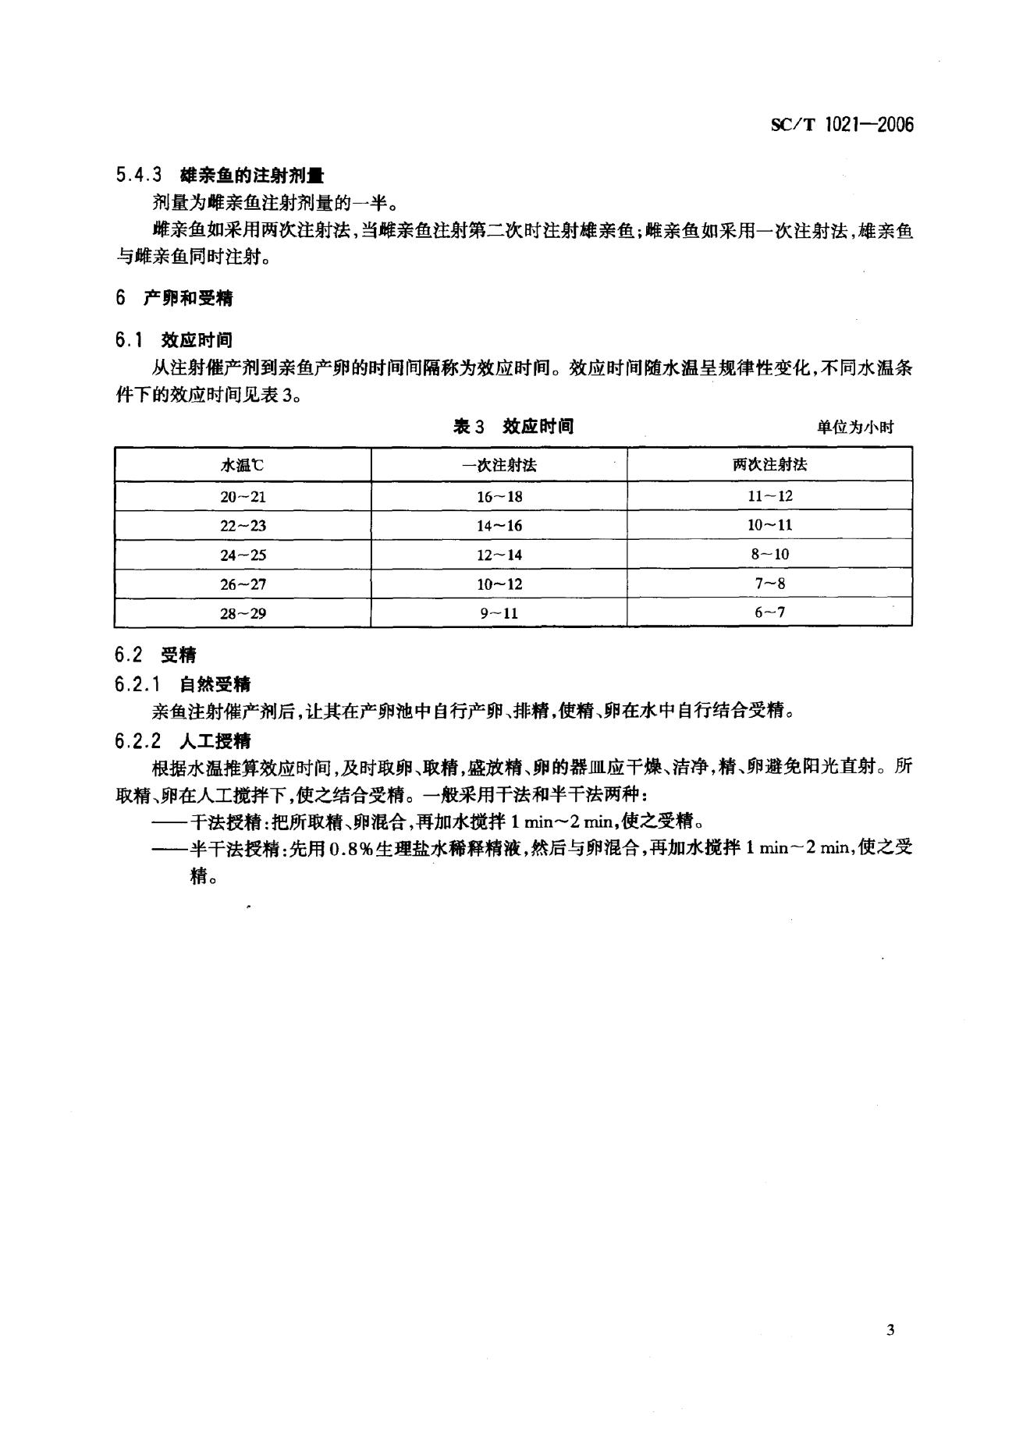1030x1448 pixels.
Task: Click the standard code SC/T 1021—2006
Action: [x=841, y=126]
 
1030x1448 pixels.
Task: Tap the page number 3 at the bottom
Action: [x=890, y=1329]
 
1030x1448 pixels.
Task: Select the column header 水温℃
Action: [x=243, y=465]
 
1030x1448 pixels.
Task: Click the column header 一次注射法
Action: [x=499, y=465]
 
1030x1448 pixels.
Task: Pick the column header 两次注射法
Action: [x=769, y=465]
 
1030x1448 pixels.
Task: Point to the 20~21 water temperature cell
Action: [x=243, y=496]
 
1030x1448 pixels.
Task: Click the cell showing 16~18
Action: [x=499, y=496]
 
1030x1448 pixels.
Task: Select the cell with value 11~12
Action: [x=769, y=496]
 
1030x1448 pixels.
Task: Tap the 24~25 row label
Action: [x=243, y=555]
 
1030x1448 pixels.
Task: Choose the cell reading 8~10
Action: [x=769, y=555]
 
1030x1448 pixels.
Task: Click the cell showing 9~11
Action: [x=499, y=613]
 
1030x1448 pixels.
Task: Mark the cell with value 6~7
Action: [x=769, y=612]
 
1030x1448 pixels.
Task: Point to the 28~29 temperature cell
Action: [x=243, y=613]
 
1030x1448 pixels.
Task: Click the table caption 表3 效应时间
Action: [x=513, y=426]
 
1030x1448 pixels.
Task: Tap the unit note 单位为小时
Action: [x=855, y=427]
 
